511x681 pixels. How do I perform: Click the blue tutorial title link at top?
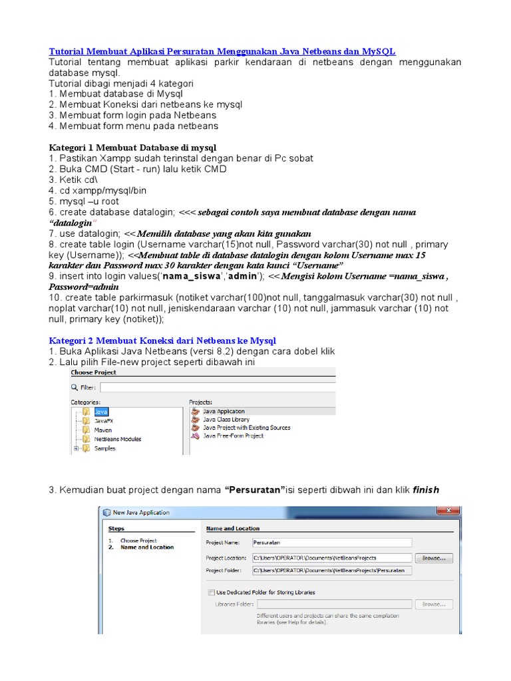point(222,51)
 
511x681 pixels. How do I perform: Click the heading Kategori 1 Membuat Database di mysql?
point(132,147)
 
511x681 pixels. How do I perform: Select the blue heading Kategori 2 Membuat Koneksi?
point(162,340)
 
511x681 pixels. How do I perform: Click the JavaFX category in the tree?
point(102,421)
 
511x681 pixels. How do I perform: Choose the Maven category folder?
point(102,430)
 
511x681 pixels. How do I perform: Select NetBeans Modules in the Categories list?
point(117,439)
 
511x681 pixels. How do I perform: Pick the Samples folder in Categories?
point(104,448)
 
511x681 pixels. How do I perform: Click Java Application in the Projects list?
point(223,412)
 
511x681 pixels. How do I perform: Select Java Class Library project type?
point(226,420)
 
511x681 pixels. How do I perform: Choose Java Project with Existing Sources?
point(246,428)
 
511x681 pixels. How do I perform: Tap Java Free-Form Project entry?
point(232,436)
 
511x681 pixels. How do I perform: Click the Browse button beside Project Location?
point(433,558)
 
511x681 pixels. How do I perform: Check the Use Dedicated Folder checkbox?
point(212,592)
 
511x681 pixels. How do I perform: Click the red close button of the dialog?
point(447,511)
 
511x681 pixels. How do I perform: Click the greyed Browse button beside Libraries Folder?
point(433,605)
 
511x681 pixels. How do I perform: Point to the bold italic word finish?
point(426,490)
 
